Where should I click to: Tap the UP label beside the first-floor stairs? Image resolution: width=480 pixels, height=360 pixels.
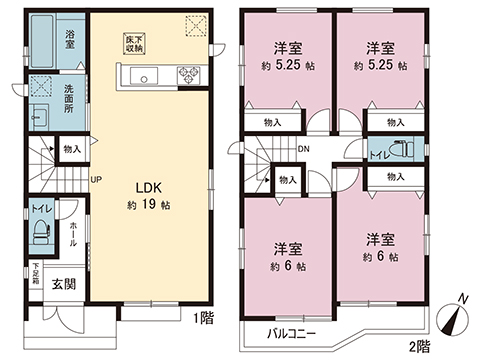tap(96, 180)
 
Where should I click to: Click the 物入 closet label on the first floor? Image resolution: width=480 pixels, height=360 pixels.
tap(71, 148)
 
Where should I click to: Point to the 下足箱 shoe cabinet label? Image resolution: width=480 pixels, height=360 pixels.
tap(35, 272)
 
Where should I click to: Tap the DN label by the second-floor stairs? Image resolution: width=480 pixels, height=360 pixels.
tap(302, 149)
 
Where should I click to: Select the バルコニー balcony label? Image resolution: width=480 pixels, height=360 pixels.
tap(290, 334)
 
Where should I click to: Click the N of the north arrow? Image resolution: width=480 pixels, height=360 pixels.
tap(462, 298)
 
